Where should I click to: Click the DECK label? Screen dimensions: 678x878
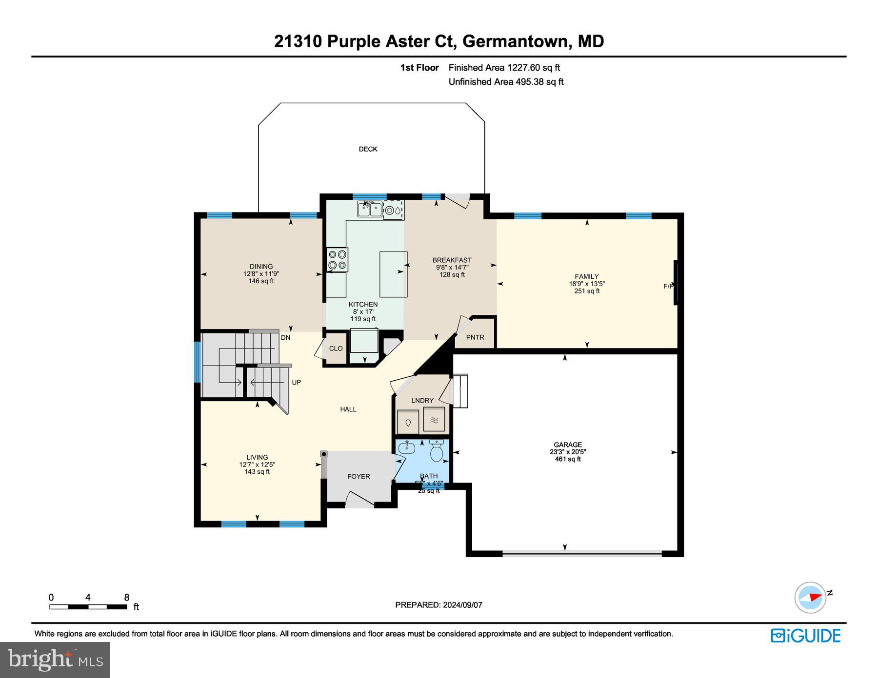point(368,149)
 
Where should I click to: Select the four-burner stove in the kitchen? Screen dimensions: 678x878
point(337,260)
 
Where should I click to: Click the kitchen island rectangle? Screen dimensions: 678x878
point(393,274)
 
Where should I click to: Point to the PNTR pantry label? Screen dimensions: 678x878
point(475,337)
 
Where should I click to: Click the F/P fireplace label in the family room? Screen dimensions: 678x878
point(668,286)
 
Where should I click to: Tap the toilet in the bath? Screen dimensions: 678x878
point(436,451)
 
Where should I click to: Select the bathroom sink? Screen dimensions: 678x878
point(406,448)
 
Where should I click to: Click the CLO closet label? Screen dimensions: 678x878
point(336,349)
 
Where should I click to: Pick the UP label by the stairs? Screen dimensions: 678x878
point(296,383)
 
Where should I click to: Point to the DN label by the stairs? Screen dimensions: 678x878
point(285,337)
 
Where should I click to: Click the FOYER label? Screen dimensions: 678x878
point(359,477)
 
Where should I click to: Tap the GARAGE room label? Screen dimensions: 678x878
point(567,445)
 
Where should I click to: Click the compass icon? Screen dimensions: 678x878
point(810,597)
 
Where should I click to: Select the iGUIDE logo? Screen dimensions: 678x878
point(805,636)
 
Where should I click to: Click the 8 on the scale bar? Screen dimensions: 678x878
point(127,598)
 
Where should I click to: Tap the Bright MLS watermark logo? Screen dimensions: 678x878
point(55,659)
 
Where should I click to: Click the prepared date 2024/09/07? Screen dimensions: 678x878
point(462,605)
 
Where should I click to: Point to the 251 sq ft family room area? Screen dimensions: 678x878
point(587,291)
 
